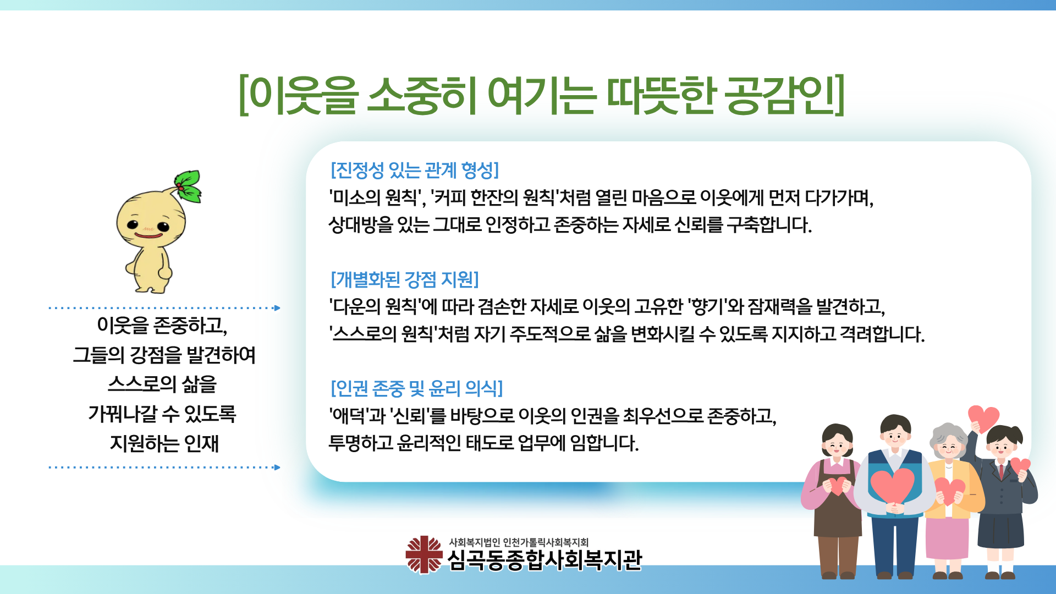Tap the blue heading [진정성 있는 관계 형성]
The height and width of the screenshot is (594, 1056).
pos(415,170)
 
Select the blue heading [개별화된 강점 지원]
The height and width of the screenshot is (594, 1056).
pos(405,279)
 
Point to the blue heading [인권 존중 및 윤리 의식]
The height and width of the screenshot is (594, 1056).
pos(416,388)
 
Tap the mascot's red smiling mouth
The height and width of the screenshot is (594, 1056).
pos(148,235)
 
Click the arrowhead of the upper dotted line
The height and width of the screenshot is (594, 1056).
pos(277,308)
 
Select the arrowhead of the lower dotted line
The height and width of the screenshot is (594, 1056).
pos(277,468)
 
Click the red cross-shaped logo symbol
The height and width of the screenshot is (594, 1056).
pos(424,555)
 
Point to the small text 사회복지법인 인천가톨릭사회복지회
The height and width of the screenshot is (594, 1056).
pos(519,542)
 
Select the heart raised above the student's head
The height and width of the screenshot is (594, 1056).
pos(983,418)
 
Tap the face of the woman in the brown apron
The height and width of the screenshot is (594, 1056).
pos(837,446)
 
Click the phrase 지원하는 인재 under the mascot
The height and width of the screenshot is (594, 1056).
pos(164,443)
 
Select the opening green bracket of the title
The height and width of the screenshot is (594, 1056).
pos(243,96)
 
